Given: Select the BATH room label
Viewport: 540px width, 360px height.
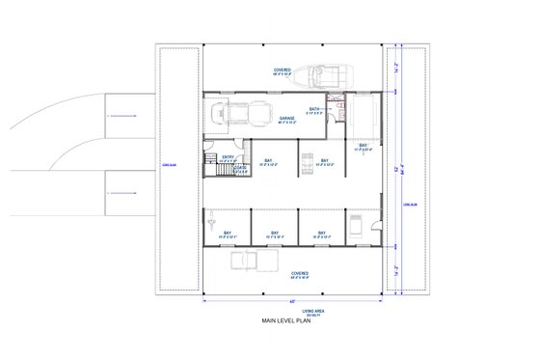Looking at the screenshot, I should [x=314, y=110].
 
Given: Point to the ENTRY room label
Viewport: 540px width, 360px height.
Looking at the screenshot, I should [x=228, y=157].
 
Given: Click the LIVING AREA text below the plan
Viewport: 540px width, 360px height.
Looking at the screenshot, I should [x=287, y=308].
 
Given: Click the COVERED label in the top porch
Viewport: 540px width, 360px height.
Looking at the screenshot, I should [x=283, y=70].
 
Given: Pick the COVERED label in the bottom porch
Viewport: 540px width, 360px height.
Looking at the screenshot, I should [x=300, y=273].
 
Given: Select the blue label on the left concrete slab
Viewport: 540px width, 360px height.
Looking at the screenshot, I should [x=167, y=165].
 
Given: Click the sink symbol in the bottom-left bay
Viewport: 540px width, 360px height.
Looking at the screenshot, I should [x=209, y=222].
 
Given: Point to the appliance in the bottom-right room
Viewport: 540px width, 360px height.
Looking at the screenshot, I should [x=354, y=226].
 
